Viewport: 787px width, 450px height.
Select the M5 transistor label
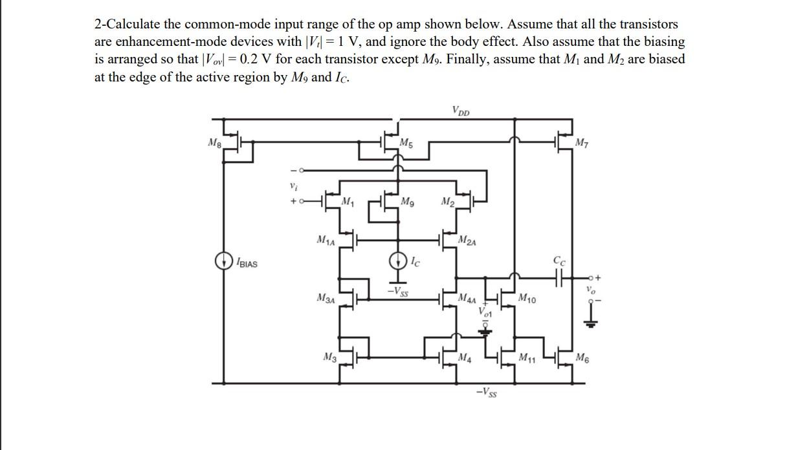[x=406, y=142]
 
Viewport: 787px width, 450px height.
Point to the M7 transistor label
[x=584, y=141]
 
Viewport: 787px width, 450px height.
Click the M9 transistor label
[x=408, y=202]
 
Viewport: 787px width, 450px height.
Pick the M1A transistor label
[x=326, y=241]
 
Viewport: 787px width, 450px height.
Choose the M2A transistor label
[x=467, y=241]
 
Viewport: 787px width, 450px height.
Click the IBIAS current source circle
[x=223, y=261]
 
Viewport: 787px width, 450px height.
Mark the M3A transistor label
[x=326, y=297]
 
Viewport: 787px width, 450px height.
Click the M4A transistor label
[x=467, y=299]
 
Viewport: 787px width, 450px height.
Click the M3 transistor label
[x=329, y=356]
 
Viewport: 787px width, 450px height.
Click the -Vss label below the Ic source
[x=397, y=292]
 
